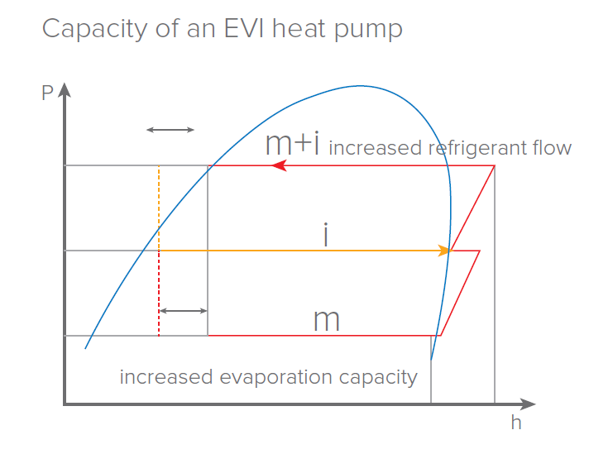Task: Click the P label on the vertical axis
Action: (47, 93)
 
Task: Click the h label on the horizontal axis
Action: (515, 423)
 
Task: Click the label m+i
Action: (292, 145)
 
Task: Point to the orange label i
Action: (326, 236)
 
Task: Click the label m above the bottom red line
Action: (327, 320)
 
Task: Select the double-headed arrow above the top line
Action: (170, 130)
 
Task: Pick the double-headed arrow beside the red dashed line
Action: (183, 311)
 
